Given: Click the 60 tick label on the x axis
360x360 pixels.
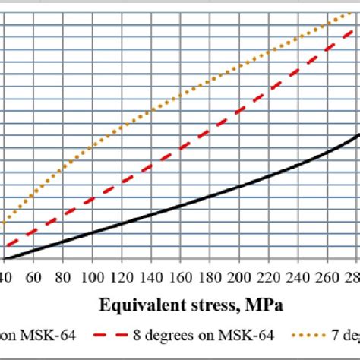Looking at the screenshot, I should [x=33, y=275].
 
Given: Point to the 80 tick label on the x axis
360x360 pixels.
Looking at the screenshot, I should [x=62, y=275].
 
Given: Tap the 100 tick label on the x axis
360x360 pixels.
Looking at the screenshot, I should [x=92, y=275].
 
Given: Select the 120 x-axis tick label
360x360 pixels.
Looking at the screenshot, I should [x=122, y=275].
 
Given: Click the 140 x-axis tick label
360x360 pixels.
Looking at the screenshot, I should [x=151, y=275].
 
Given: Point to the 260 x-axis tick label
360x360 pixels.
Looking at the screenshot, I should [x=329, y=275].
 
